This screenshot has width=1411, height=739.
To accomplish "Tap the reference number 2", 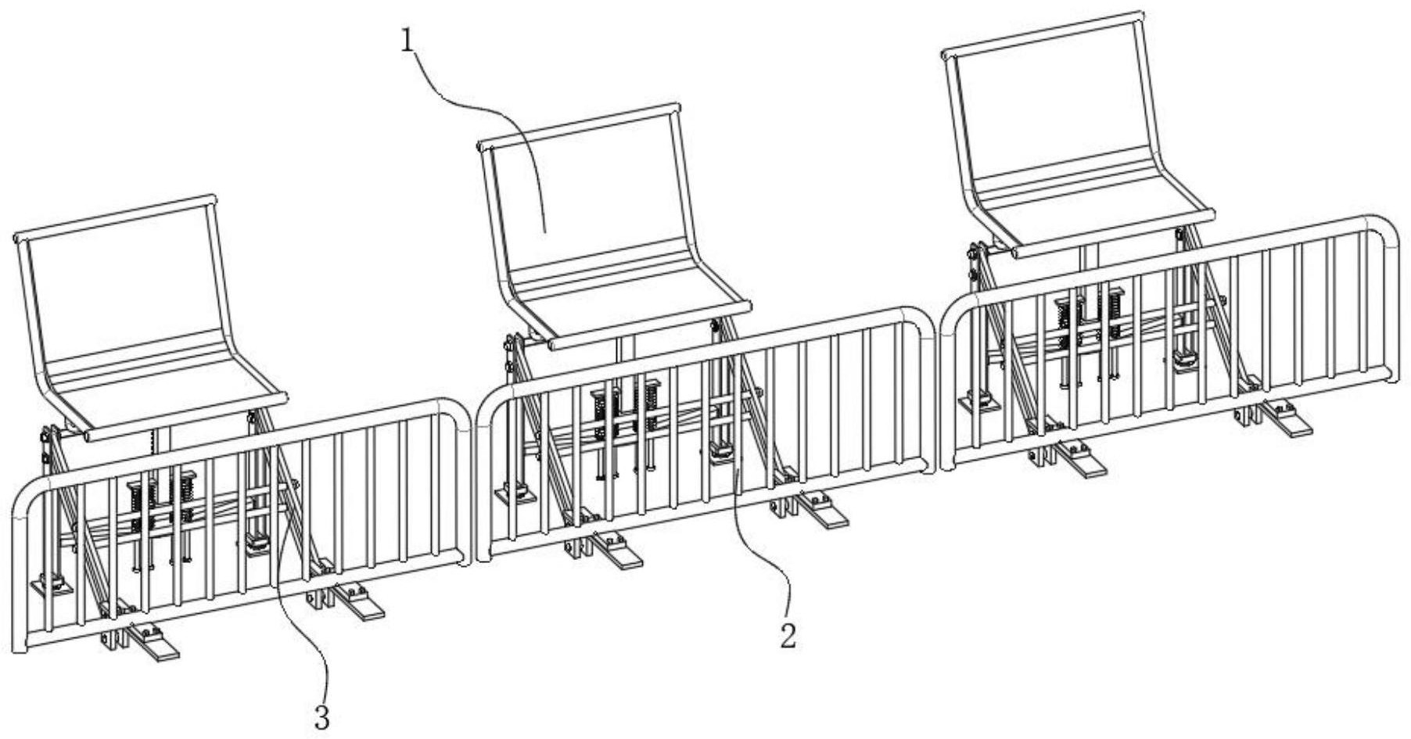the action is tap(788, 635).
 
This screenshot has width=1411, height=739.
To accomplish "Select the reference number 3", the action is tap(321, 716).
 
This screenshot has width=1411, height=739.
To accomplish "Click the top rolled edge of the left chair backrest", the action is tap(114, 216).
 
